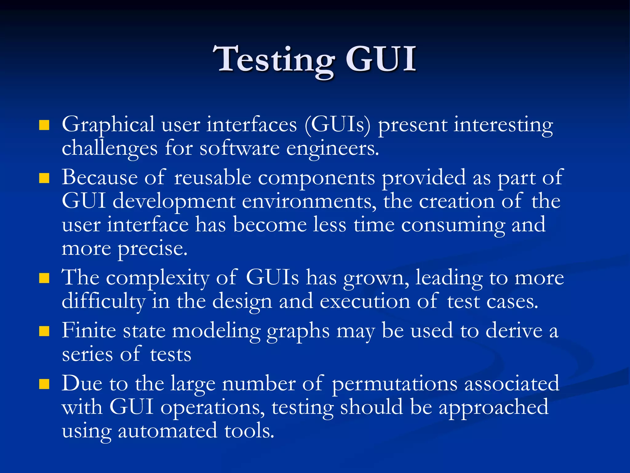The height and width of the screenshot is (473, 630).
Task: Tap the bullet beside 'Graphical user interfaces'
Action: tap(44, 125)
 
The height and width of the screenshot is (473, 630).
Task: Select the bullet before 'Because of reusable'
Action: tap(44, 178)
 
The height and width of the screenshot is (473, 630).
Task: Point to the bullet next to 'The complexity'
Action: tap(44, 278)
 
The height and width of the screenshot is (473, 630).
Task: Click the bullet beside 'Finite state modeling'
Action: tap(44, 331)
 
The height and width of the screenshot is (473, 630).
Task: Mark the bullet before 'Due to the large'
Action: tap(44, 384)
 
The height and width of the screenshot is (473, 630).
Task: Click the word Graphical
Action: tap(108, 125)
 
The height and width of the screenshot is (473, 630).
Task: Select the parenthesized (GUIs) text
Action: tap(338, 125)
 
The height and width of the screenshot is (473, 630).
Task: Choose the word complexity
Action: tap(157, 278)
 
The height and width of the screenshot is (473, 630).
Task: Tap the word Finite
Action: tap(89, 331)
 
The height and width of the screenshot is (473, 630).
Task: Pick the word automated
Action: tap(167, 431)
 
